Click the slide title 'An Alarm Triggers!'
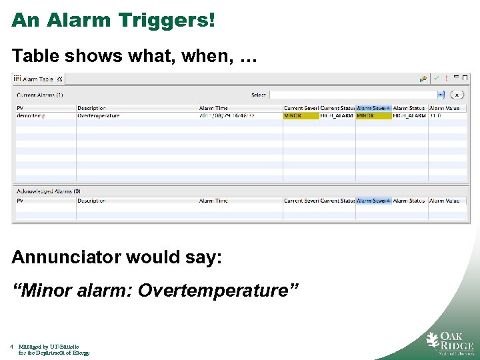coord(113,20)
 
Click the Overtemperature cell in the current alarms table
coord(99,116)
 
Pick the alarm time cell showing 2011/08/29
coord(227,116)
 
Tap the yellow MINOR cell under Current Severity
coord(301,116)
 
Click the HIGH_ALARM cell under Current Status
coord(337,116)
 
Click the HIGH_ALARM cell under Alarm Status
coord(409,116)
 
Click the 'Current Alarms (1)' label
coord(40,95)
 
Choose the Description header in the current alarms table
coord(92,108)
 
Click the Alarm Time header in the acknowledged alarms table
coord(213,201)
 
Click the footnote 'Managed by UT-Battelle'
coord(48,347)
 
